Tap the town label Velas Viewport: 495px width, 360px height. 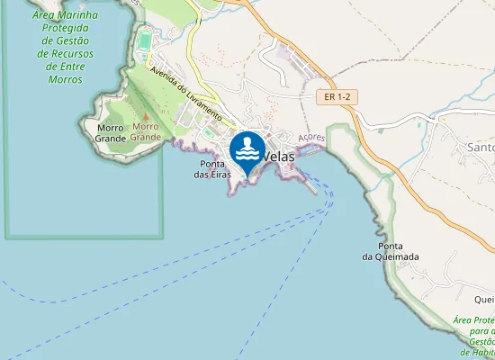coord(283,156)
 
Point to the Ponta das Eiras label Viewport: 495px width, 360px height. coord(212,168)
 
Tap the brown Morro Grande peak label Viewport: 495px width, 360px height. coord(145,131)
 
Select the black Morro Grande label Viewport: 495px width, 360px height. coord(110,133)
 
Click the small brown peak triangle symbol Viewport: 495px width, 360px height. coord(145,116)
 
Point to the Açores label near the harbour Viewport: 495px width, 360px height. coord(310,137)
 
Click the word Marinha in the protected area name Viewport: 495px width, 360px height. coord(77,15)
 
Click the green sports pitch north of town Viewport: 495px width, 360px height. coord(146,40)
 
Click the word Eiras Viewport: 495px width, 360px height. coord(220,174)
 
